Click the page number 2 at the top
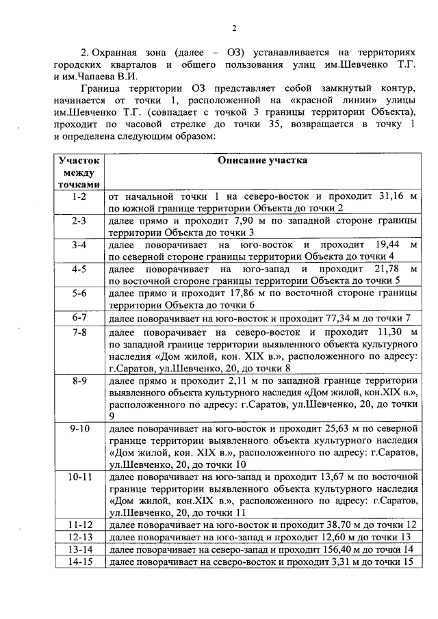point(233,28)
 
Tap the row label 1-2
point(79,196)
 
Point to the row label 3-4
point(79,245)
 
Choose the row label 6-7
point(79,318)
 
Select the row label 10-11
point(79,476)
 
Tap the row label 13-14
point(79,549)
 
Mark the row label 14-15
point(79,562)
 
